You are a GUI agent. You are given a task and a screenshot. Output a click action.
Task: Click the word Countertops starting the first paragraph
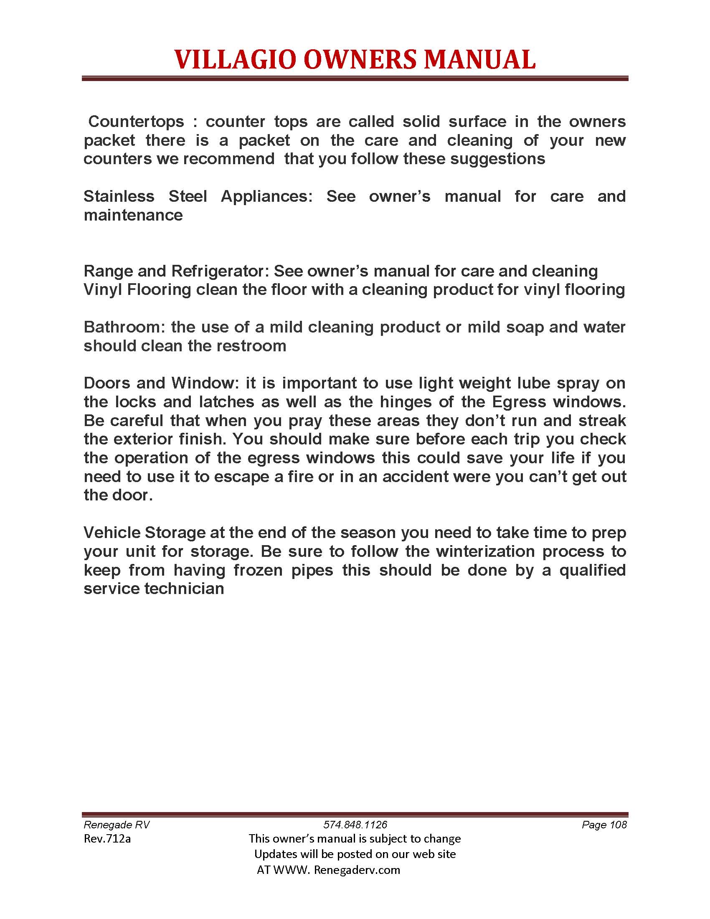(x=136, y=122)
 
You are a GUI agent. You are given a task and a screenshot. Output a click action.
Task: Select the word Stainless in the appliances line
(x=119, y=196)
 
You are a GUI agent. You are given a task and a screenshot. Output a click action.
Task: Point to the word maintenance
(x=133, y=216)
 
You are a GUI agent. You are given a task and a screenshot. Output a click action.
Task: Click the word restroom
(x=251, y=346)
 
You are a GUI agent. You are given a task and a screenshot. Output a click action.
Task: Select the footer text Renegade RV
(x=117, y=825)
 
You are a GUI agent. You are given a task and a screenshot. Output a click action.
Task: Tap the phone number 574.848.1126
(x=355, y=825)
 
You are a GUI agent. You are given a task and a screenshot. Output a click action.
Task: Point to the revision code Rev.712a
(x=107, y=839)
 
